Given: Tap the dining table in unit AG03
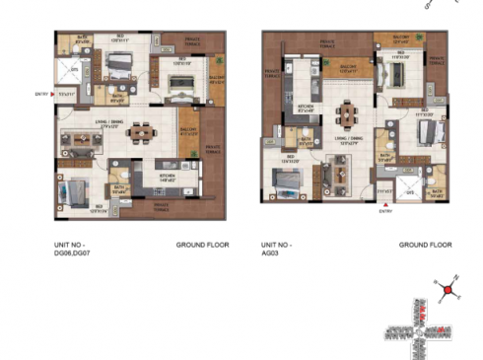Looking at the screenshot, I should tap(347, 112).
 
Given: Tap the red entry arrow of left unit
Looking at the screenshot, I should tap(52, 95).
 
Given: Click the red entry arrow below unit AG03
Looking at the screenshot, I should tap(383, 208).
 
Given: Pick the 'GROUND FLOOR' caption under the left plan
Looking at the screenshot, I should tap(202, 244).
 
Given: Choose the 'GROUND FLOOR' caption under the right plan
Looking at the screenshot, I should tap(425, 244).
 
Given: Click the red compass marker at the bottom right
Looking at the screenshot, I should tap(448, 291).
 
